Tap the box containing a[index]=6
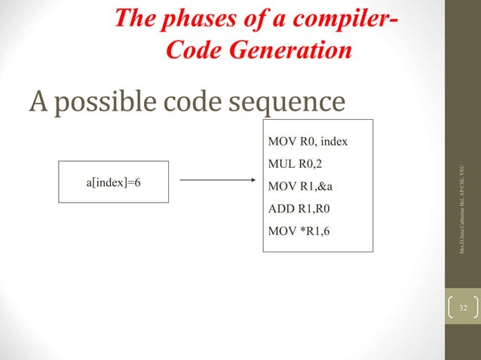coord(114,182)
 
